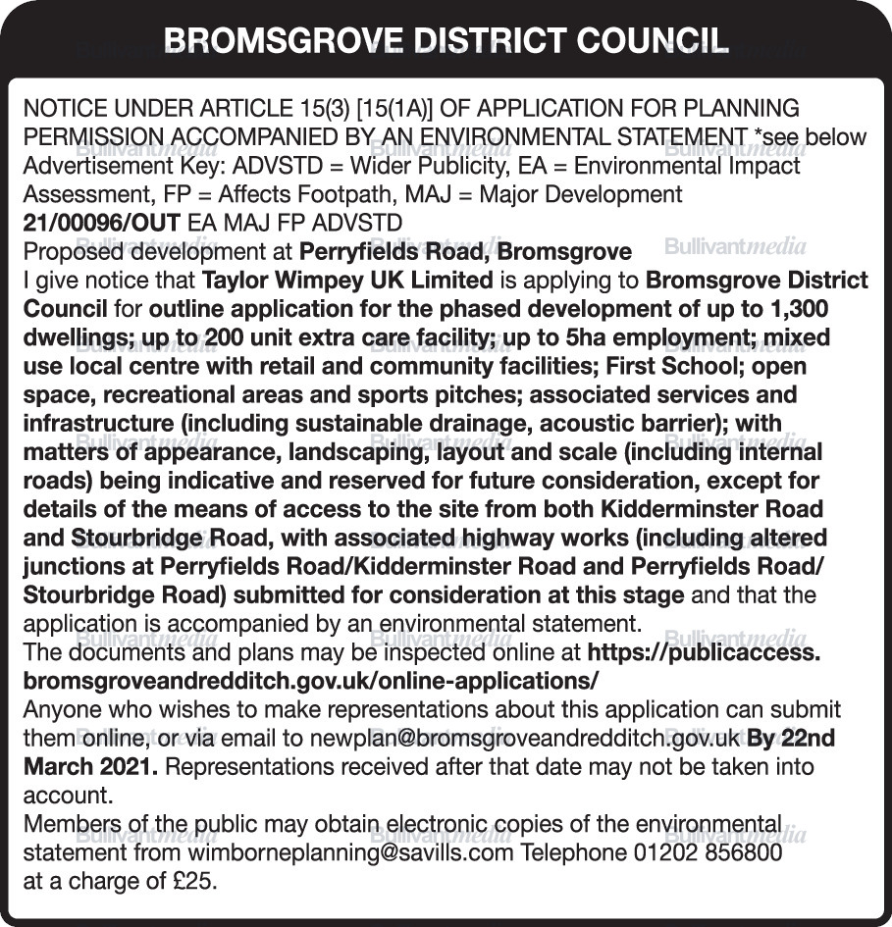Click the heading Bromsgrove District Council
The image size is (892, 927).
point(446,40)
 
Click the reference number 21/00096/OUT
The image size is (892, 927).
point(101,222)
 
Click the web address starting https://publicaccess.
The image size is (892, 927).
point(703,652)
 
